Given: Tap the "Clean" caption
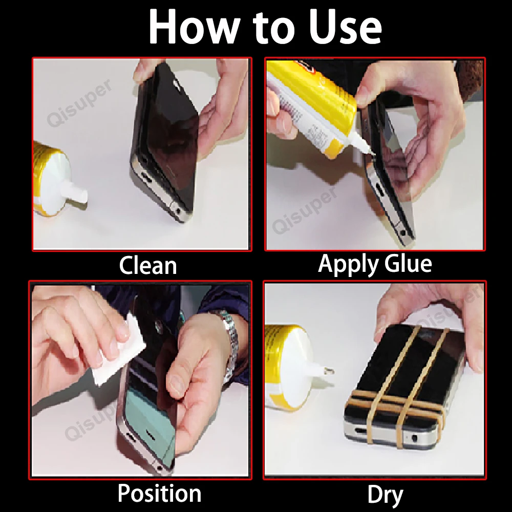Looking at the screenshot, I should pos(147,266).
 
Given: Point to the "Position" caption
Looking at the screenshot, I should pos(159,494).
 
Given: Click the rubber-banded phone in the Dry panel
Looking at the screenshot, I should pos(399,389).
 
